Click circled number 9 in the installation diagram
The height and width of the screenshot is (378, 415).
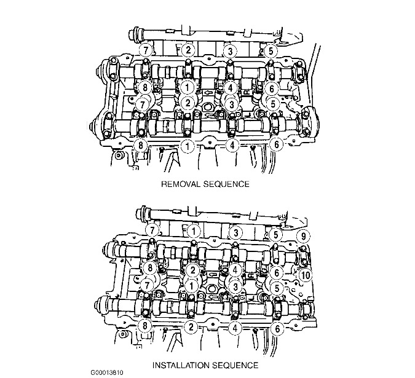pos(303,235)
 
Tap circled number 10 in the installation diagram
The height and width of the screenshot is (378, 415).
pos(306,275)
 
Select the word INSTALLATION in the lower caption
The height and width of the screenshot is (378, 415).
pos(181,365)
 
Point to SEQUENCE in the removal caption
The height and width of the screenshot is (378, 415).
pos(226,184)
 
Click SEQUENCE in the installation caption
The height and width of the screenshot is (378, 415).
pos(235,365)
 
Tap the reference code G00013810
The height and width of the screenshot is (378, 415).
pos(107,372)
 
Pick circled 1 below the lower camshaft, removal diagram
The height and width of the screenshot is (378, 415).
pos(188,146)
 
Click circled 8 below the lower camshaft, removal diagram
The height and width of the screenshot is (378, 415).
pos(141,145)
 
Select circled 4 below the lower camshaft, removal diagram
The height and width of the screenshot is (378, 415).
pos(232,145)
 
